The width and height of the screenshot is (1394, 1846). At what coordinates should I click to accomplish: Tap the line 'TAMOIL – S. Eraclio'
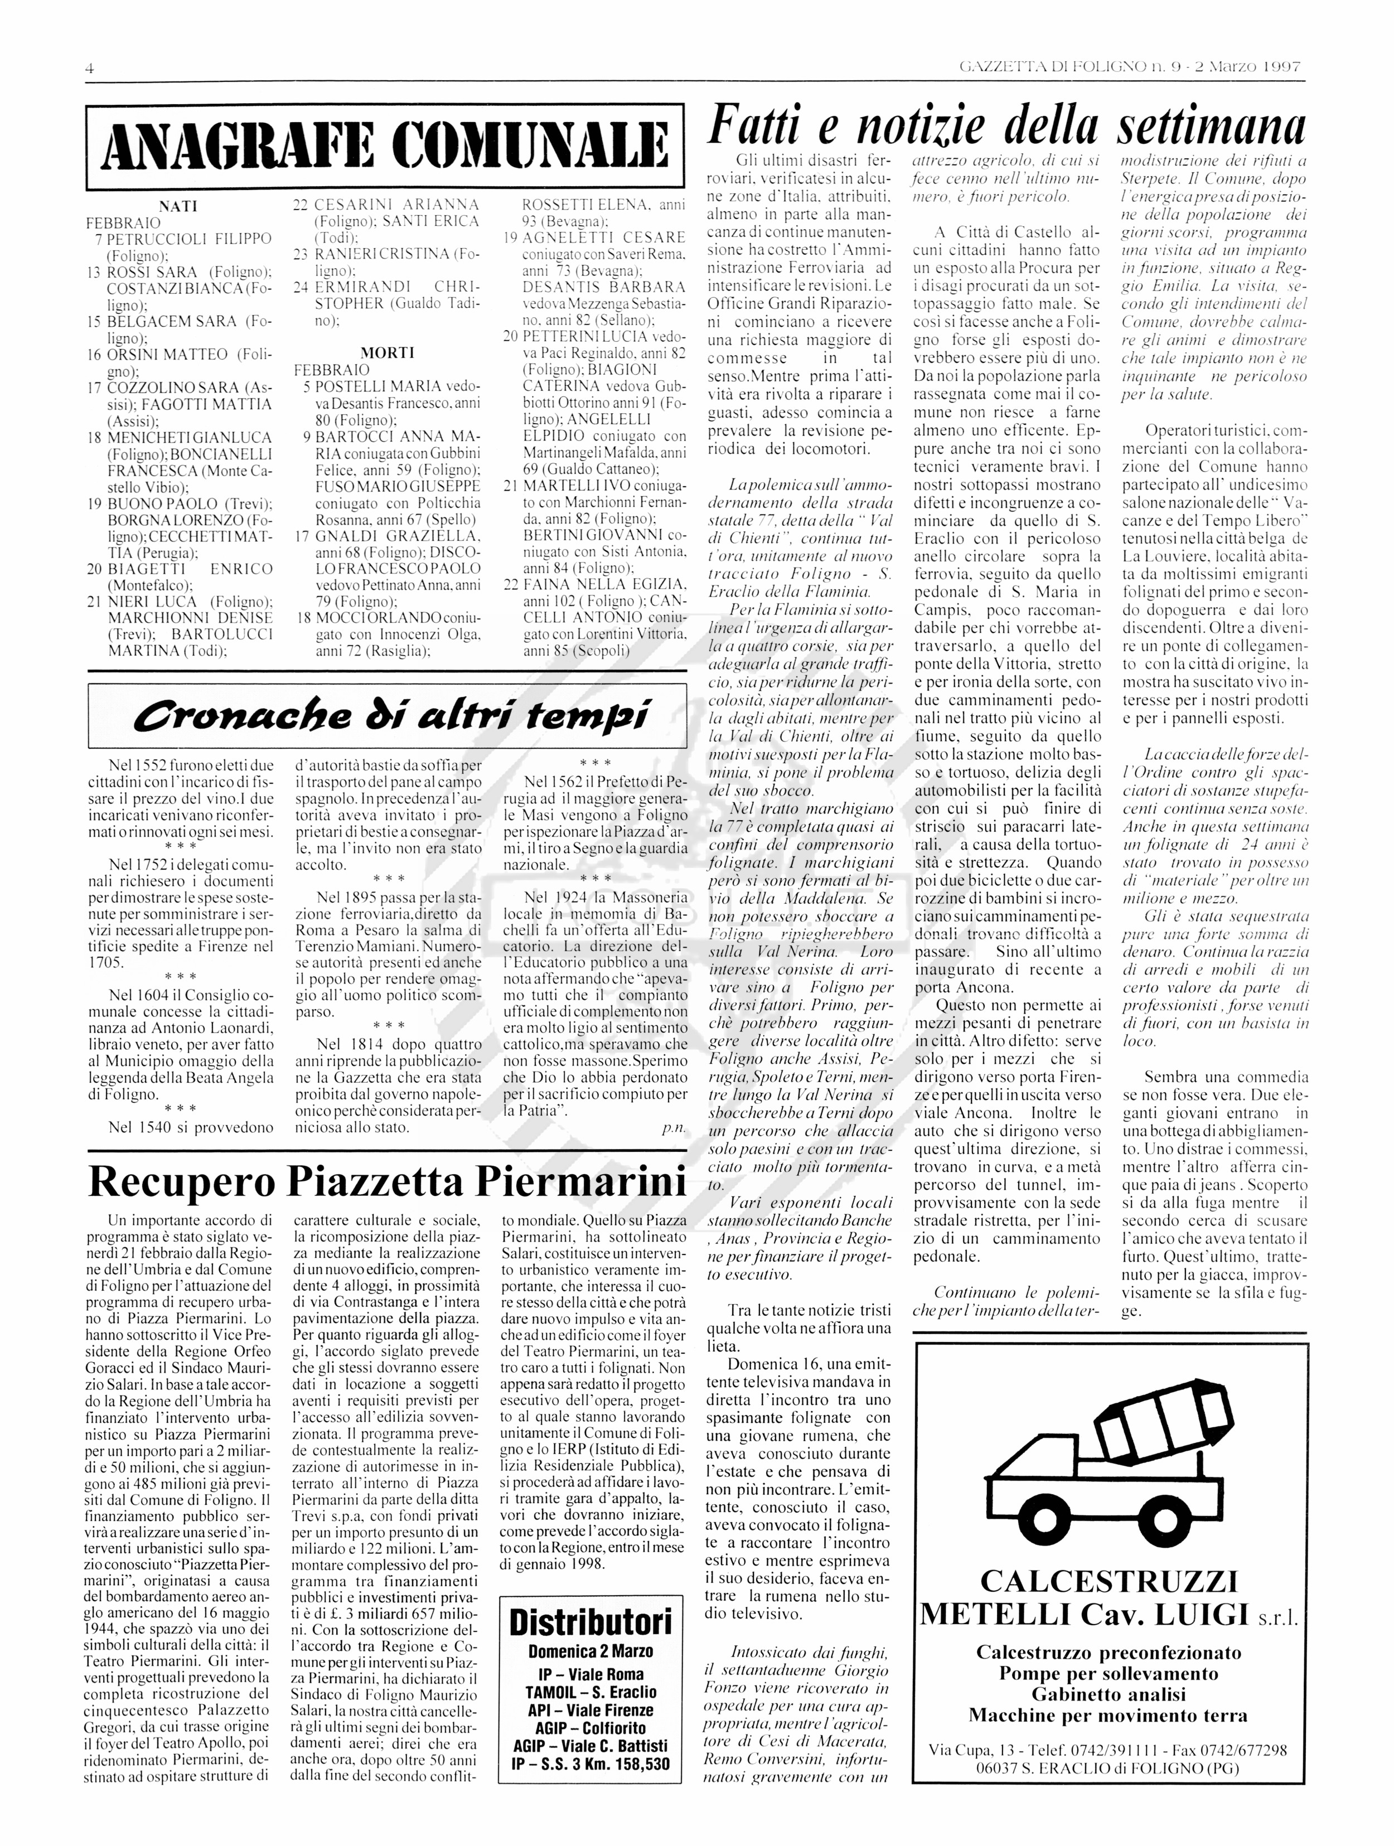590,1691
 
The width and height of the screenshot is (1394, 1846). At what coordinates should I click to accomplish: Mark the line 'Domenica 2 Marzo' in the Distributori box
590,1651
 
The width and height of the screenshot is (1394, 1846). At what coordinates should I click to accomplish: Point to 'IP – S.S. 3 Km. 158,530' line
590,1762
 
